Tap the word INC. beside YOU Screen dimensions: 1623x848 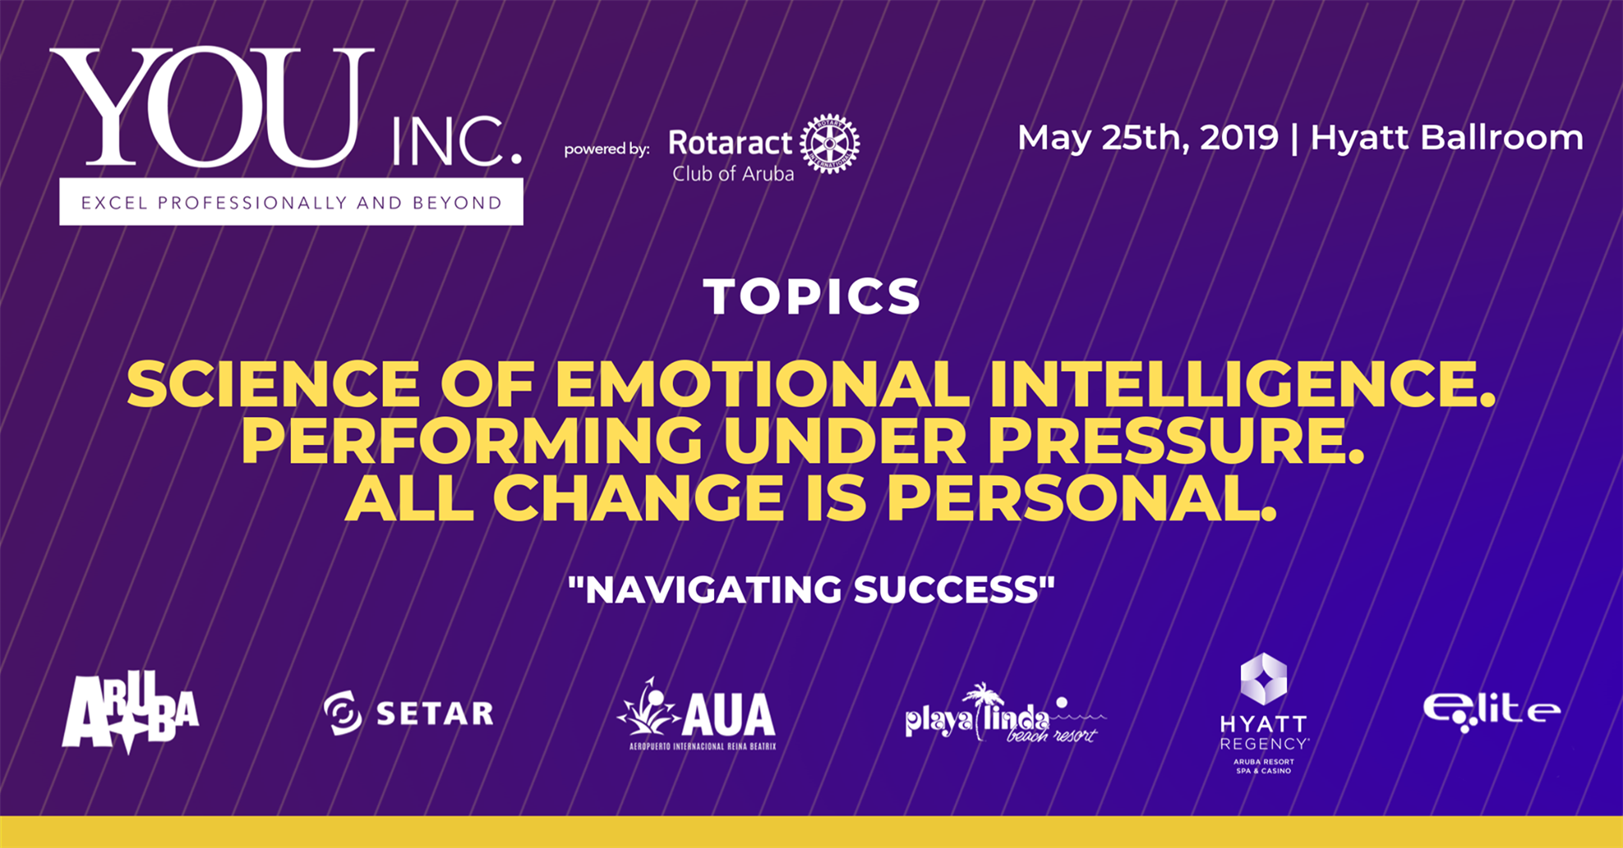point(457,142)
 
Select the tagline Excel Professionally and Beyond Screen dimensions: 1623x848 point(292,202)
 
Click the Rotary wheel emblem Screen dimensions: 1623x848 point(830,144)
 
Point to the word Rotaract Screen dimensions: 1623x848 point(730,143)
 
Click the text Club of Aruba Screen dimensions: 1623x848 point(733,174)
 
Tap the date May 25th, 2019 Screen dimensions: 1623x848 point(1148,138)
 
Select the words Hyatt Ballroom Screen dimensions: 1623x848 point(1447,138)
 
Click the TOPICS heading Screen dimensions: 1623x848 point(812,296)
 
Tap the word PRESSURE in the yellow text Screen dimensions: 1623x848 point(1175,442)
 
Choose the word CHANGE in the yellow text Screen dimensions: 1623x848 point(638,498)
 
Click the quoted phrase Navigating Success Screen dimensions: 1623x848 point(811,589)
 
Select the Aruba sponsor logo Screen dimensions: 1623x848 point(130,712)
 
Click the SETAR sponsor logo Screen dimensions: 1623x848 point(409,713)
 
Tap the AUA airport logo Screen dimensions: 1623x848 point(697,714)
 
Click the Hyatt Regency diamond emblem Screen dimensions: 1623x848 point(1263,678)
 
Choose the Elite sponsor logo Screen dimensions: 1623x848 point(1492,711)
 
